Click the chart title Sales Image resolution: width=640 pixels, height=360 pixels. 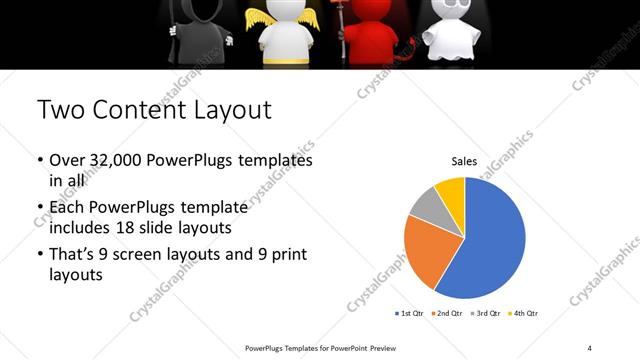[464, 161]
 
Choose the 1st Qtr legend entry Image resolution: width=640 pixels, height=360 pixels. [410, 314]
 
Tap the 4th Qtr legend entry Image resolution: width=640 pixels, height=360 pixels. [523, 314]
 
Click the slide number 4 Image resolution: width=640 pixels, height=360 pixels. [590, 347]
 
